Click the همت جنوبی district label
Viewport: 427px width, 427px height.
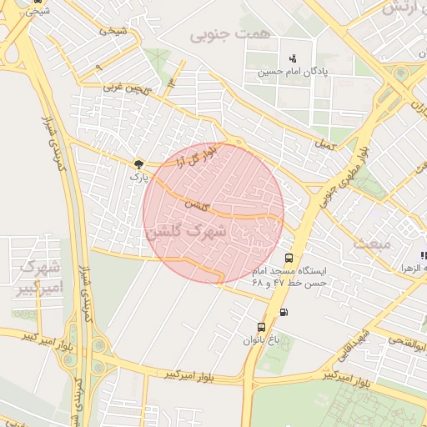219,35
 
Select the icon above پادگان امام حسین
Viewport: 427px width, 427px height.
292,58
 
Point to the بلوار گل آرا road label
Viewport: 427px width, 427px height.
198,153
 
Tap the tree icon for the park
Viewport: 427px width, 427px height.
138,164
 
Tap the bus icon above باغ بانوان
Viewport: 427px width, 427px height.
262,327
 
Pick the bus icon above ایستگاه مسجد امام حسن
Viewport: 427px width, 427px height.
289,258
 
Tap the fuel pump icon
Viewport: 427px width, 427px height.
285,313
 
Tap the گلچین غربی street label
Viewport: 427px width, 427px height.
124,87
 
